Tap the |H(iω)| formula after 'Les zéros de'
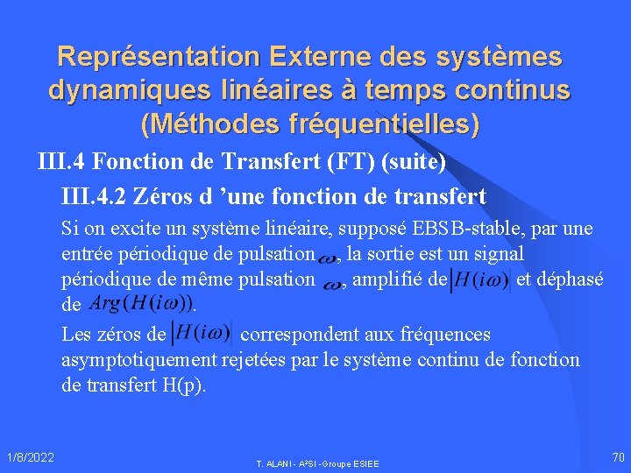pos(202,334)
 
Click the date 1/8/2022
pos(30,456)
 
